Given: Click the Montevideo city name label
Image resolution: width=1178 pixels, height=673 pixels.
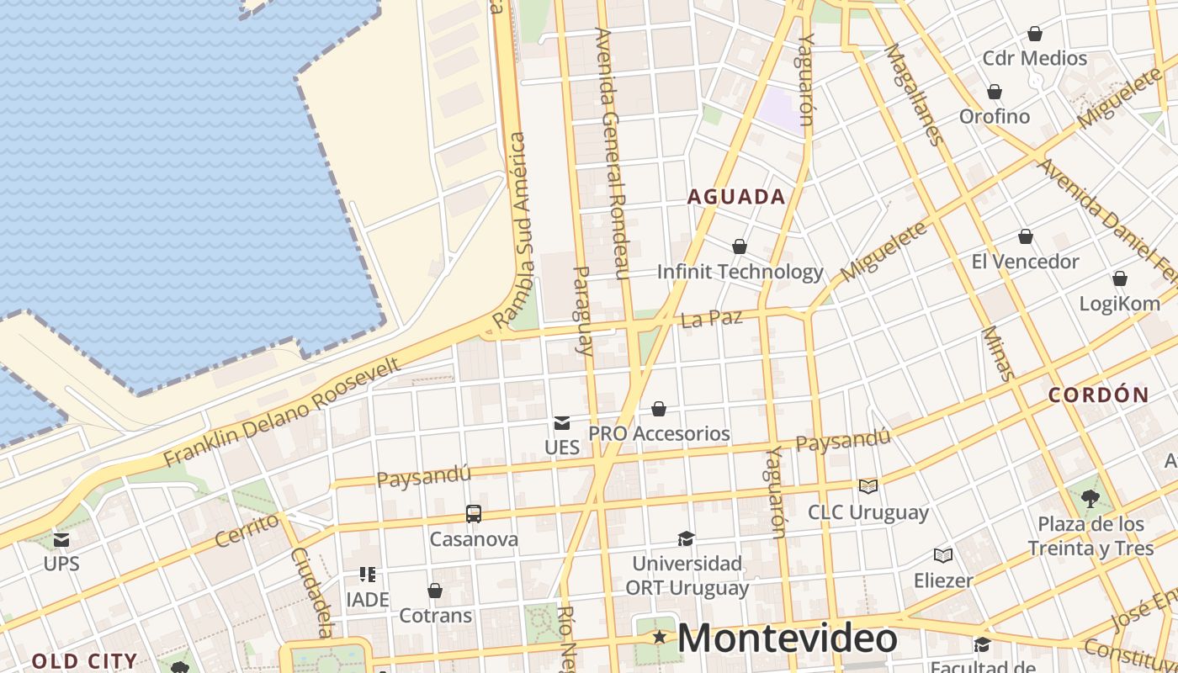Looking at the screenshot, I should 787,639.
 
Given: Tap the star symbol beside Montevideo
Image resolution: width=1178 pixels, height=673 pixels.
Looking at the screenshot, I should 660,639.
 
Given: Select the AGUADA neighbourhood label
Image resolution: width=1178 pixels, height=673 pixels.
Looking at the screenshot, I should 736,197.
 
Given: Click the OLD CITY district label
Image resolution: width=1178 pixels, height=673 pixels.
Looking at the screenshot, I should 84,661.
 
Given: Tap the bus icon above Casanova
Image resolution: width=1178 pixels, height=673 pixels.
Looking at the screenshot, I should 474,513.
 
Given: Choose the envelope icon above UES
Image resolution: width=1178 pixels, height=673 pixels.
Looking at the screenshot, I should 561,422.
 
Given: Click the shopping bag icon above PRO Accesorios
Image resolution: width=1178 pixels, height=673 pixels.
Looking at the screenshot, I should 659,409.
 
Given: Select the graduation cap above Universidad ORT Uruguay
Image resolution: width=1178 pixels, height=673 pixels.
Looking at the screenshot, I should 687,538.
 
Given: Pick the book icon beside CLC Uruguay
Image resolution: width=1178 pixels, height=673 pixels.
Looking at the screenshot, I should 868,486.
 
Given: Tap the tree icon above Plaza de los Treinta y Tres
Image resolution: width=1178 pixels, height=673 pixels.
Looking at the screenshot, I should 1090,498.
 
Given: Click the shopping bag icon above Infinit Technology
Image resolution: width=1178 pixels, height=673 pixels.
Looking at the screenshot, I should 740,246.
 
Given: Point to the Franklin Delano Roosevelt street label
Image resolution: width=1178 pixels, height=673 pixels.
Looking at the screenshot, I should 283,411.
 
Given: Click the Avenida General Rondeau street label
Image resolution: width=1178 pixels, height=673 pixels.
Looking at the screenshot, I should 613,153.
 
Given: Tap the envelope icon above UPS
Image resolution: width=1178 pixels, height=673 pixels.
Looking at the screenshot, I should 61,539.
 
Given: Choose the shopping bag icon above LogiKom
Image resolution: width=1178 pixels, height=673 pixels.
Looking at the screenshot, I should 1120,278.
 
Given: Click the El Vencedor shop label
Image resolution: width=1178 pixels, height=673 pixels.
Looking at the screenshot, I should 1025,262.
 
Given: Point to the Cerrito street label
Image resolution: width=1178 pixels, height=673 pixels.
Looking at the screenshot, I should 247,530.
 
